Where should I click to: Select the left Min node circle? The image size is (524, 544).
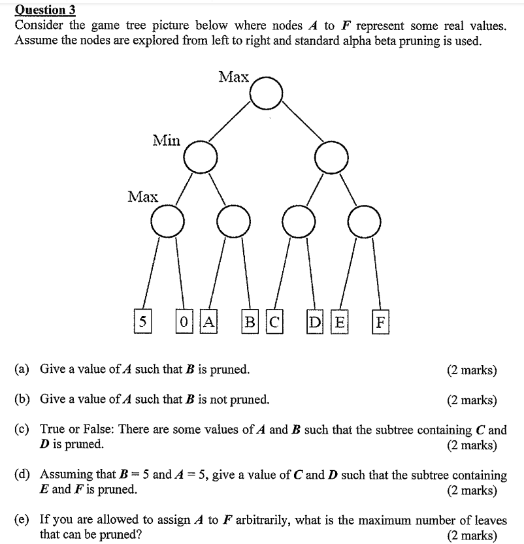[200, 157]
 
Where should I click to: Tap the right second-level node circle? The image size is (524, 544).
[331, 157]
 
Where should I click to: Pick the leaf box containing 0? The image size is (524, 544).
[184, 321]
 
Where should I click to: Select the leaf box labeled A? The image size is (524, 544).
[208, 321]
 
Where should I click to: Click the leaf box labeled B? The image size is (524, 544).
[249, 321]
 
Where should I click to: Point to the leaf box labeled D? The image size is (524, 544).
[315, 321]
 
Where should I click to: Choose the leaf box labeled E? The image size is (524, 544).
[339, 321]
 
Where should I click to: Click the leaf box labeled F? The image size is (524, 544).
[380, 321]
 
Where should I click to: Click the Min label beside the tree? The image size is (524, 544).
[166, 139]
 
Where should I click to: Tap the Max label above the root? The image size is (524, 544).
[233, 77]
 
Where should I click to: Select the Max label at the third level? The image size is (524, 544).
[142, 196]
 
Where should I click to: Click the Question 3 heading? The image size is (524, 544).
[45, 10]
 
